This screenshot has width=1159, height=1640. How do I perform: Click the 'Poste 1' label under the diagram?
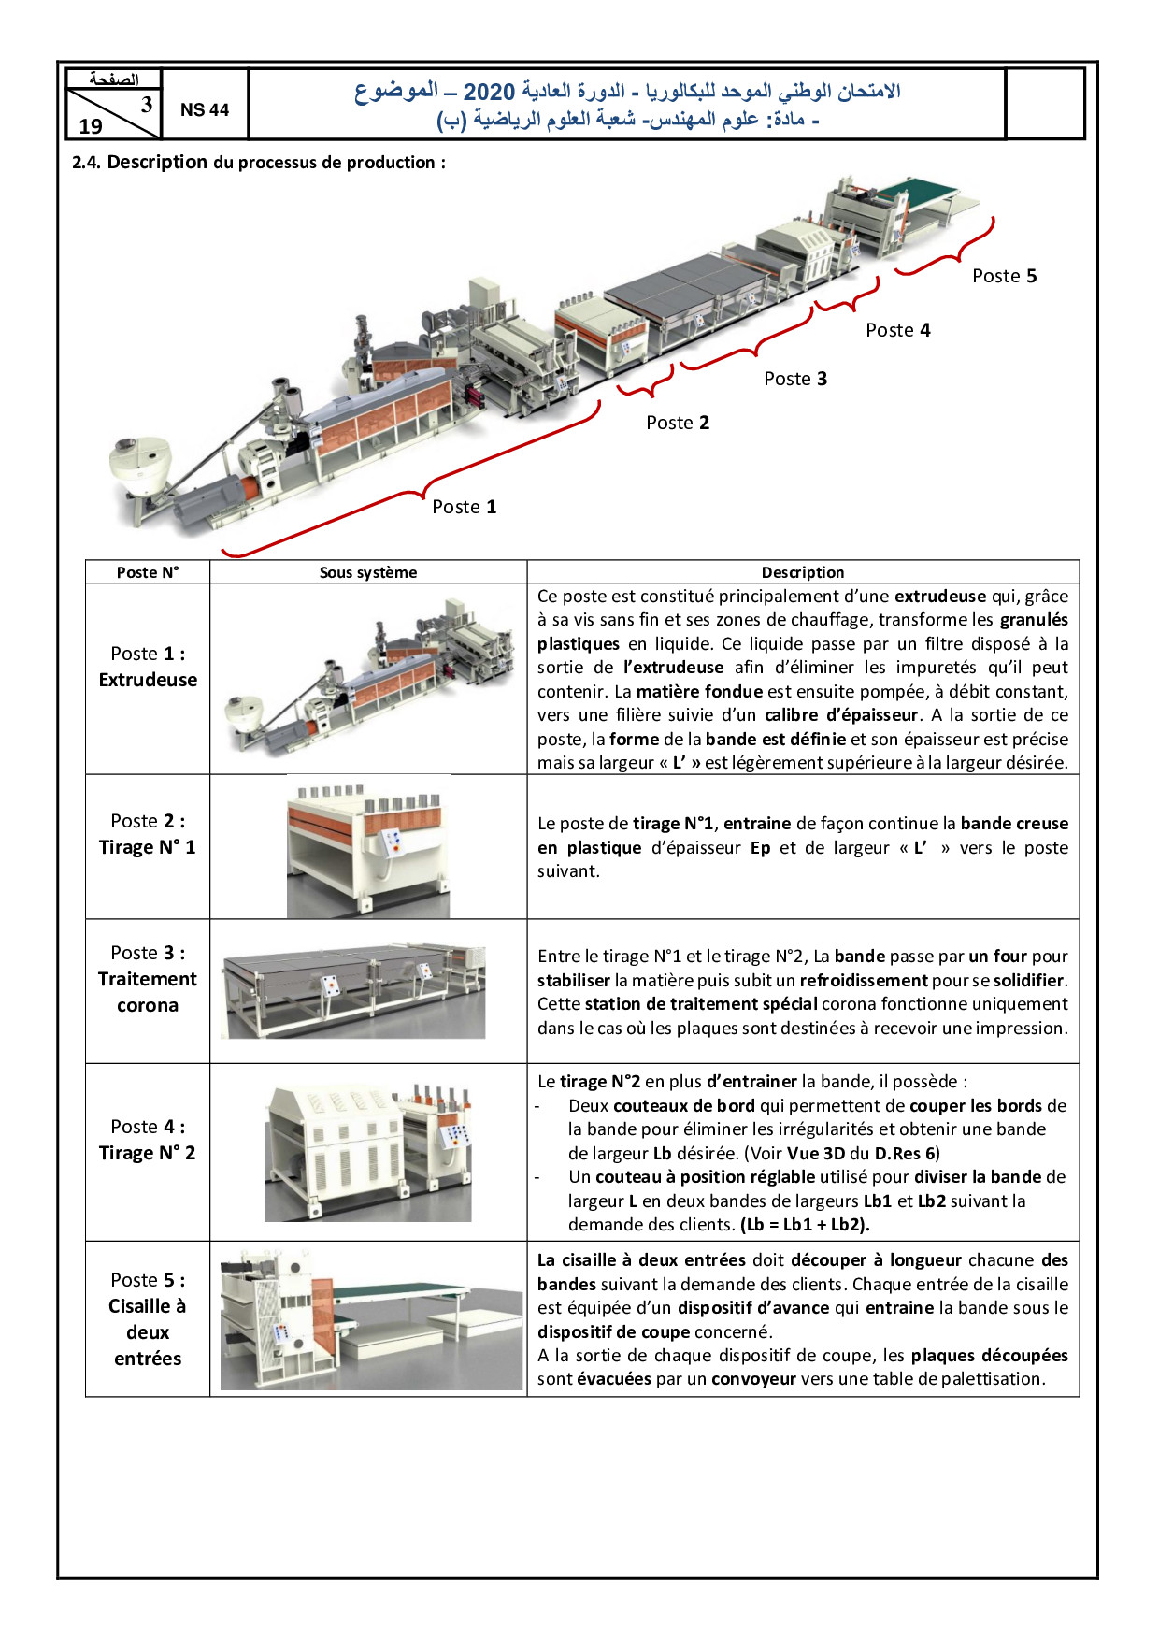464,507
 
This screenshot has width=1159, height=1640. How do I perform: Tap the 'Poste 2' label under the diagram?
678,423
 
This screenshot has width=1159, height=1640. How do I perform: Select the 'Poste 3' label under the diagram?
795,379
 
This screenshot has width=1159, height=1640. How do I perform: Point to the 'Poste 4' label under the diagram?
897,330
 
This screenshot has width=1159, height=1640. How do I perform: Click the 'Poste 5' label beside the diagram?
1004,276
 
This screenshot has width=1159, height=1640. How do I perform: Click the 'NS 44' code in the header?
205,110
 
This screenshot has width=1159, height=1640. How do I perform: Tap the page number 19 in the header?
91,126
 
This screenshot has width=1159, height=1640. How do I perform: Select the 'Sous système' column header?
368,572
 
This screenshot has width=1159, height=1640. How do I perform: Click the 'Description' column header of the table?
802,572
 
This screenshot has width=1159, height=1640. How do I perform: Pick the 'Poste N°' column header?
148,572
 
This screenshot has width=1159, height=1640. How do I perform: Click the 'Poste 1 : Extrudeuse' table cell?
148,667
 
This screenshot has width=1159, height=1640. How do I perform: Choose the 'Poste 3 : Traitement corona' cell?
148,979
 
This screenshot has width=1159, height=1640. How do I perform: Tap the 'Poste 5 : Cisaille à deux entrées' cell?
148,1318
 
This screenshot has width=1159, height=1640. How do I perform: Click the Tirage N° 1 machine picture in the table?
368,846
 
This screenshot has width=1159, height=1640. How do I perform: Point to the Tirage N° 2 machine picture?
368,1152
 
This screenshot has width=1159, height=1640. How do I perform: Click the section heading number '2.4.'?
87,163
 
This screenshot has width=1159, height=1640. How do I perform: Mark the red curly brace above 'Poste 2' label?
645,383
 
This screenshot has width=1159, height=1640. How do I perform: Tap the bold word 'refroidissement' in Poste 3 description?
864,981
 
